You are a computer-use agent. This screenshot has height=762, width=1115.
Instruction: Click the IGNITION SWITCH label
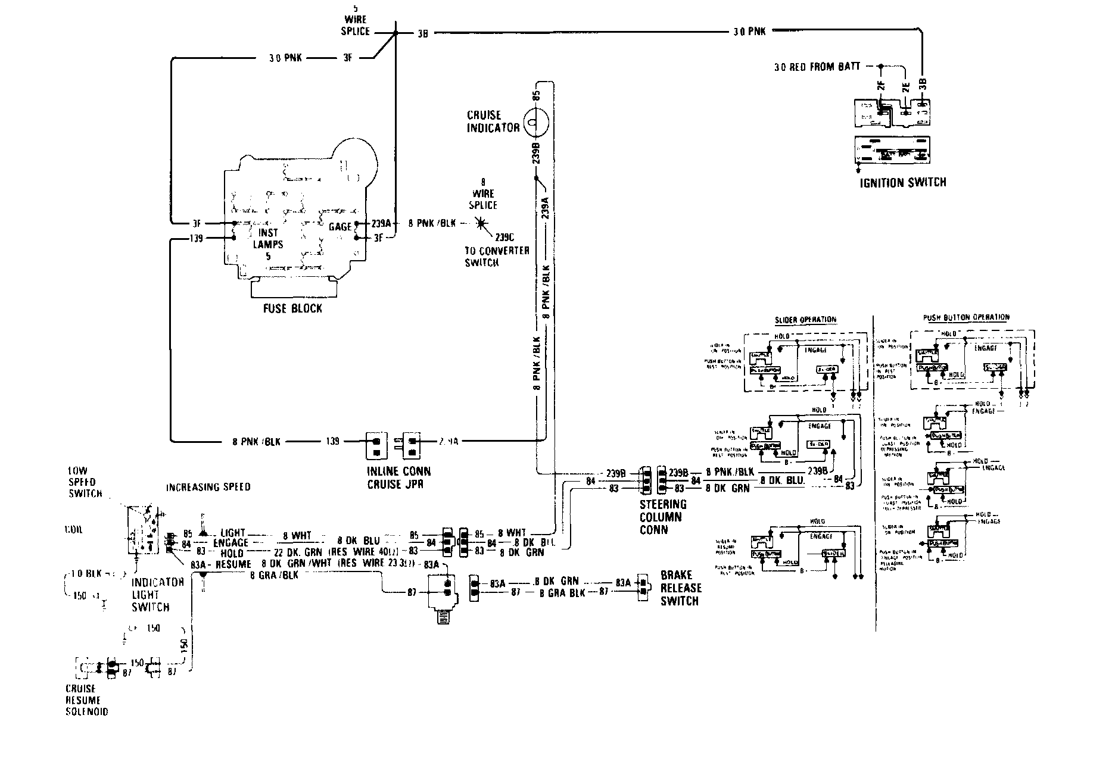coord(902,182)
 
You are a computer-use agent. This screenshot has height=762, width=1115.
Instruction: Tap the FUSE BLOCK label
coord(292,308)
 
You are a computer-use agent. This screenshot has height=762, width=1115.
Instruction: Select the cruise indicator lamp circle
coord(534,125)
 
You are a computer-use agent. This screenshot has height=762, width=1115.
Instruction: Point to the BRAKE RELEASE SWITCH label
coord(681,588)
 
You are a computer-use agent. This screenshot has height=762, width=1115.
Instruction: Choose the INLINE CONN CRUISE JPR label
coord(398,477)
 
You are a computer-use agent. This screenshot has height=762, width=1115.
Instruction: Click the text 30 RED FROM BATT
coord(817,67)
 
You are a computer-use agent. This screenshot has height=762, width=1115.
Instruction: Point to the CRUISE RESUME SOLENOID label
coord(83,700)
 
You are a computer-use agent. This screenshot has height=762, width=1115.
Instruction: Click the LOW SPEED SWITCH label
coord(85,481)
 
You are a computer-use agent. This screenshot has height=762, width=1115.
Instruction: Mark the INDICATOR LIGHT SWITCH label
coord(151,594)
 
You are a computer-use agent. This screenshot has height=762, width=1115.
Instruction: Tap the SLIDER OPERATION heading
coord(805,320)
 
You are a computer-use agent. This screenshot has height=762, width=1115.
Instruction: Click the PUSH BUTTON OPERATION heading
coord(966,318)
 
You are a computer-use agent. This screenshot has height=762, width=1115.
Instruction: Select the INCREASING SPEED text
coord(208,487)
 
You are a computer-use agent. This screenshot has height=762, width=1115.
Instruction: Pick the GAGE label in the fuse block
coord(340,227)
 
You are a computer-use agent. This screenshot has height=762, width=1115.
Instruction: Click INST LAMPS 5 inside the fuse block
coord(268,244)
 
